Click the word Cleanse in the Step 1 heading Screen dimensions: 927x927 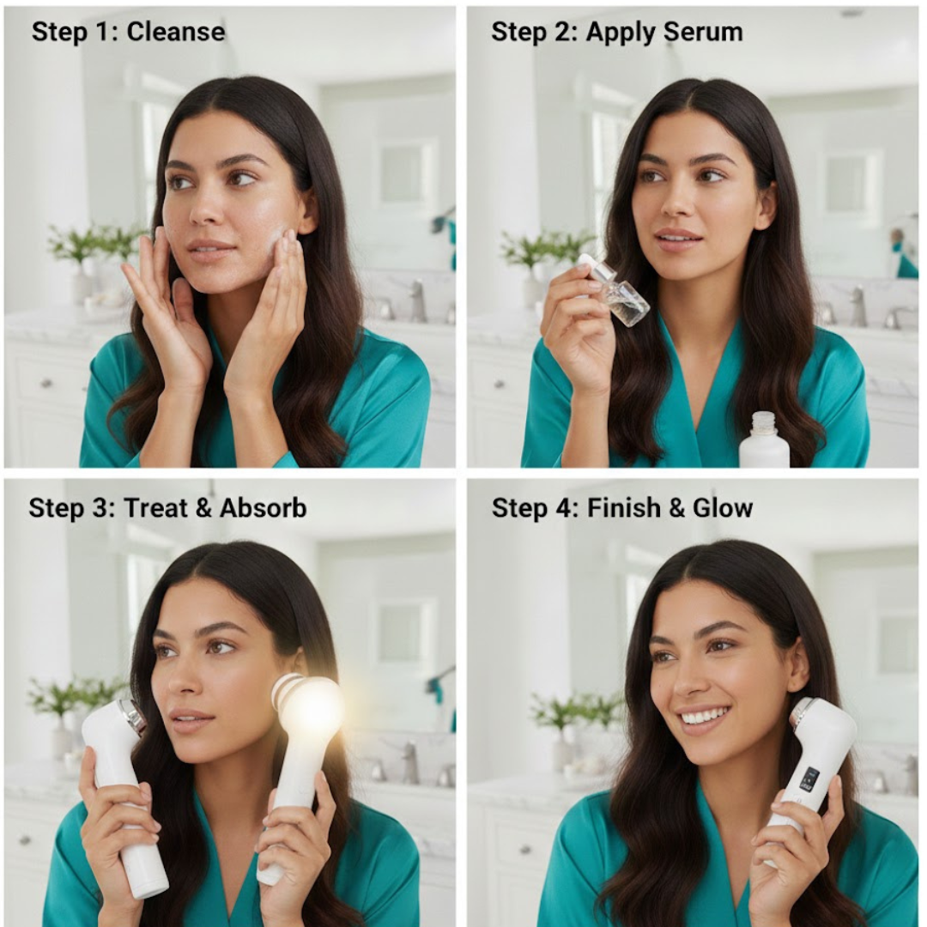tap(176, 32)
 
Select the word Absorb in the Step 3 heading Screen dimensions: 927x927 tap(264, 508)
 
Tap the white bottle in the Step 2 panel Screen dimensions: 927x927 tap(763, 439)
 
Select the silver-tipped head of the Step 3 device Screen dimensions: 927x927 tap(130, 715)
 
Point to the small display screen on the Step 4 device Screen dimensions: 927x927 tap(809, 779)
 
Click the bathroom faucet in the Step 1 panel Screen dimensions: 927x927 tap(417, 300)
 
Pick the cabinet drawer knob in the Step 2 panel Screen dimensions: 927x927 tap(500, 385)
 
